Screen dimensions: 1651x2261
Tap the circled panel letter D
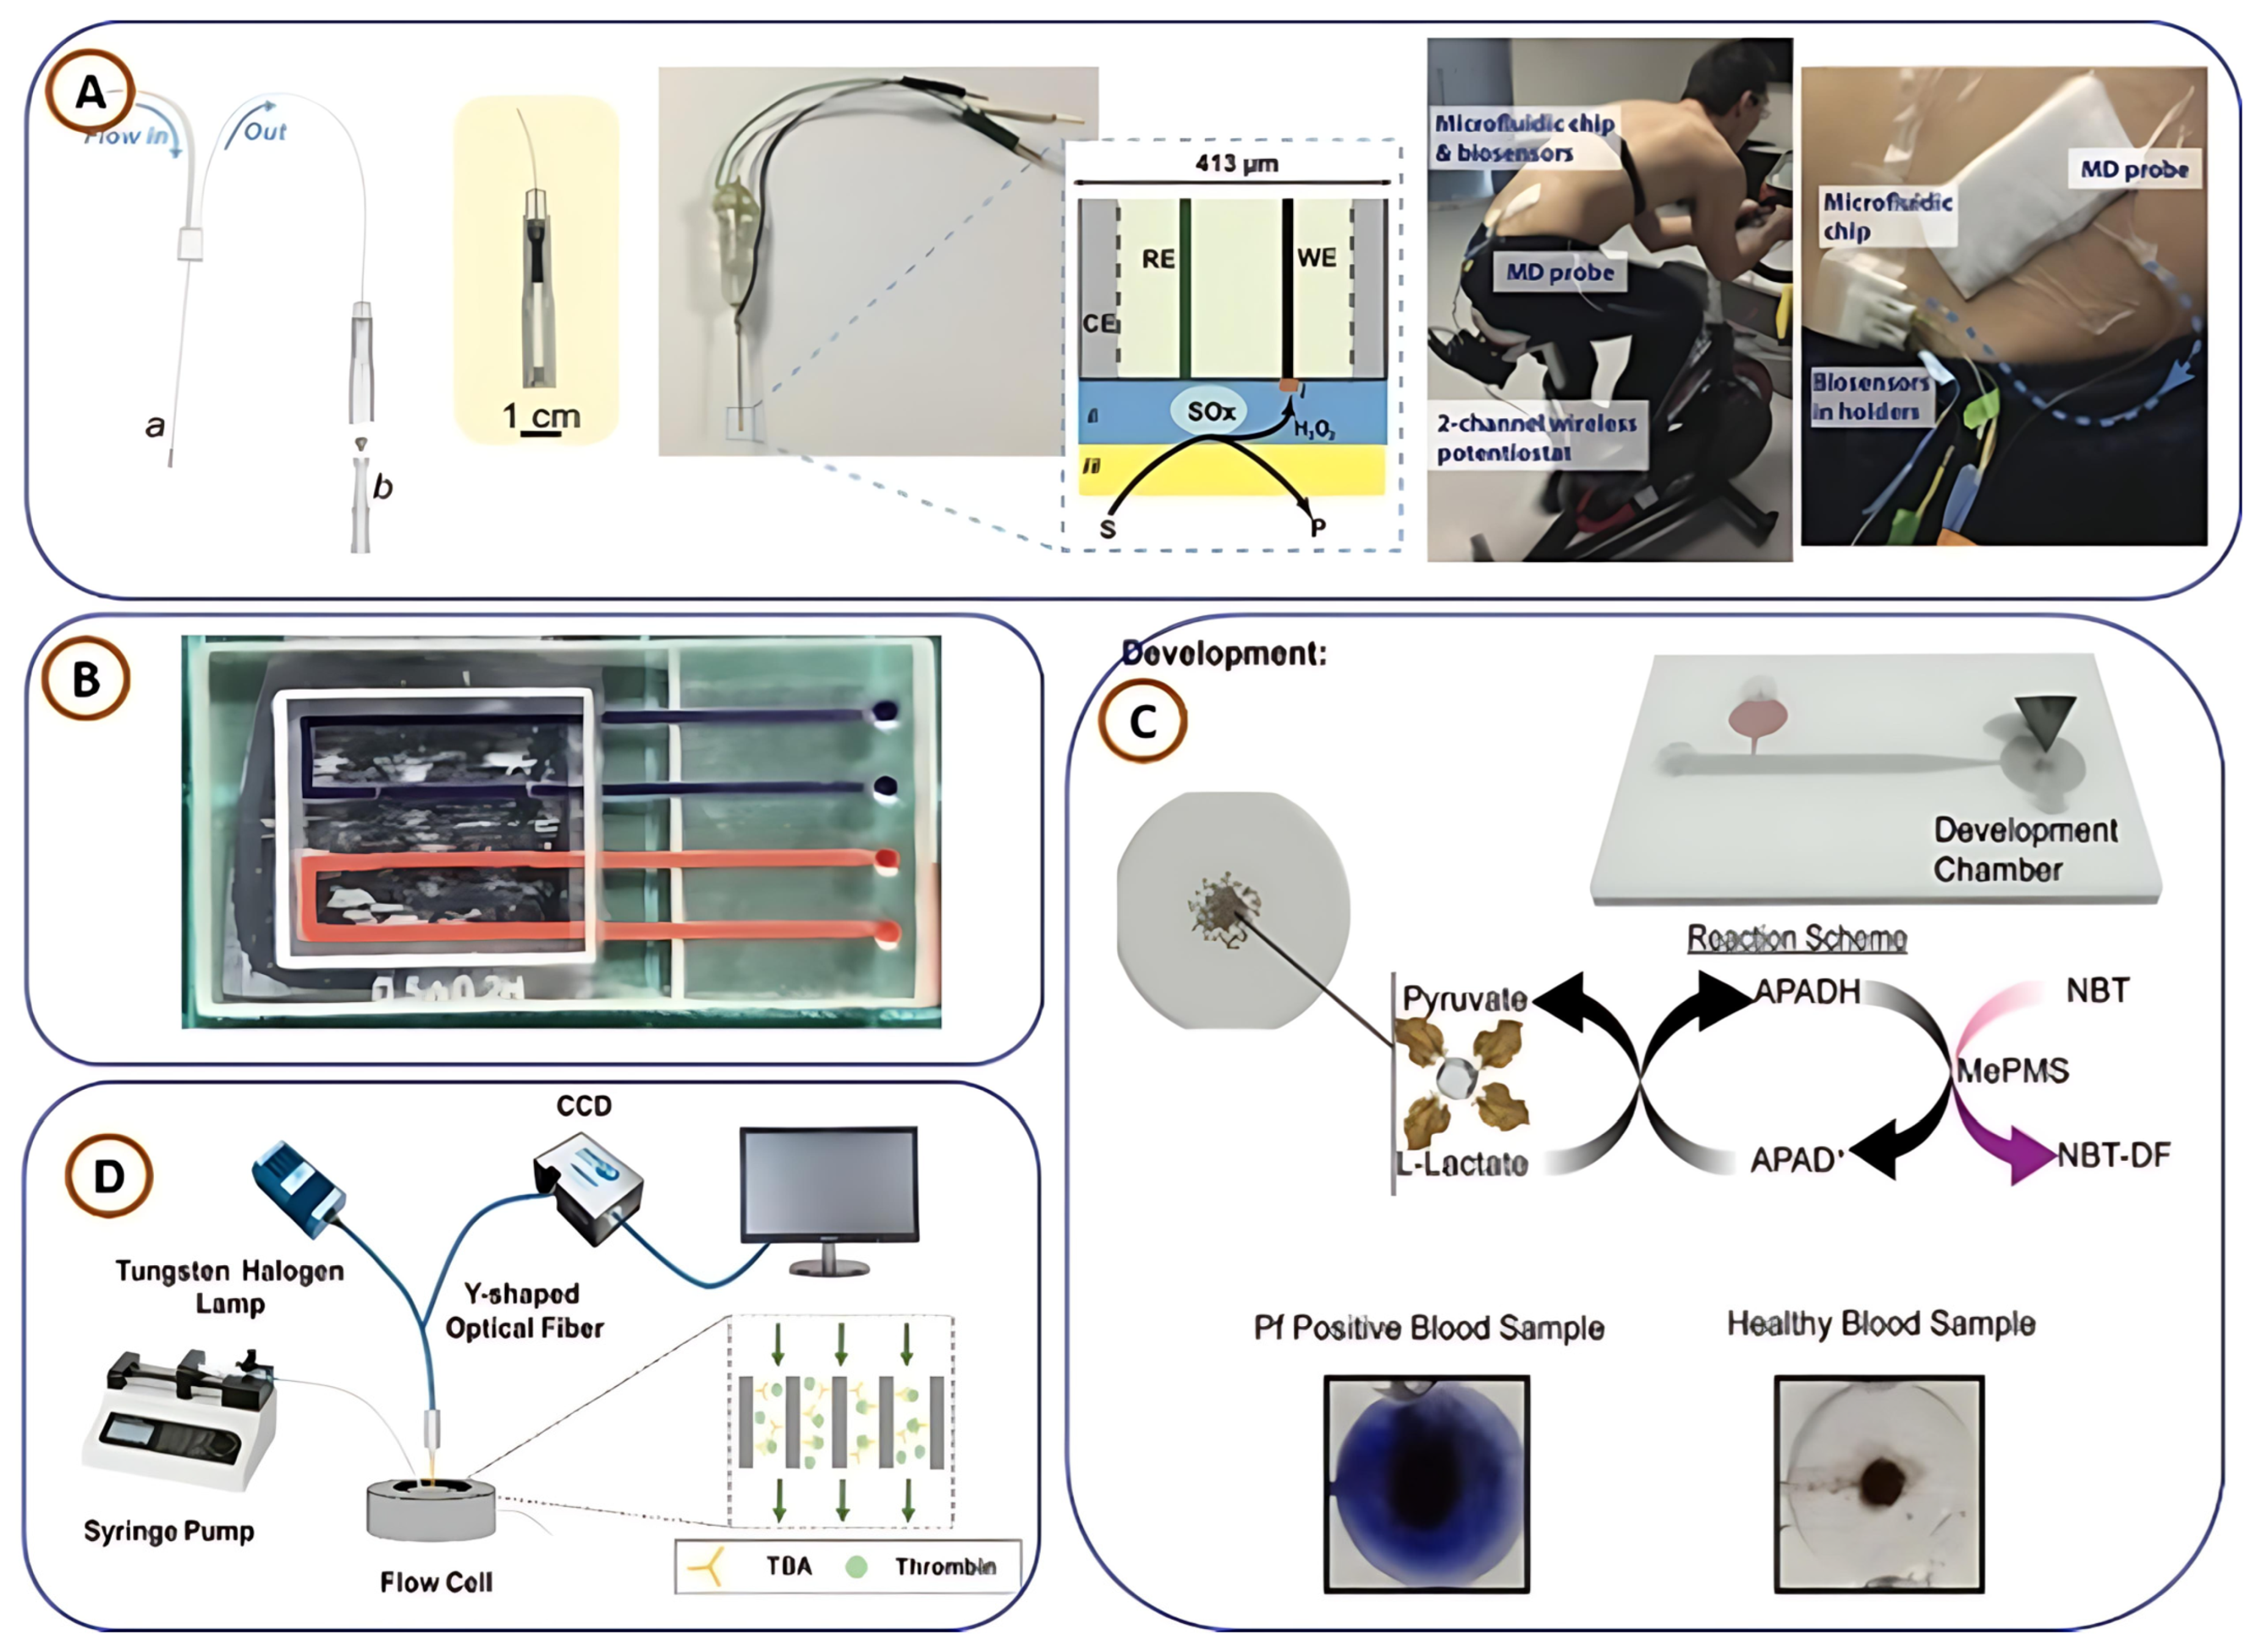coord(108,1177)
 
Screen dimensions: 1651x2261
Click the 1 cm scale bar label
coord(541,416)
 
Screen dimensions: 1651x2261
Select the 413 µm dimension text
coord(1236,163)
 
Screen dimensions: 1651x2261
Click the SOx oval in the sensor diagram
coord(1211,411)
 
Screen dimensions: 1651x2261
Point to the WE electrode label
coord(1316,258)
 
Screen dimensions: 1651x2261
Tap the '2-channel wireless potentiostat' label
coord(1535,438)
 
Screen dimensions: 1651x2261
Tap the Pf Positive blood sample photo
coord(1426,1484)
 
